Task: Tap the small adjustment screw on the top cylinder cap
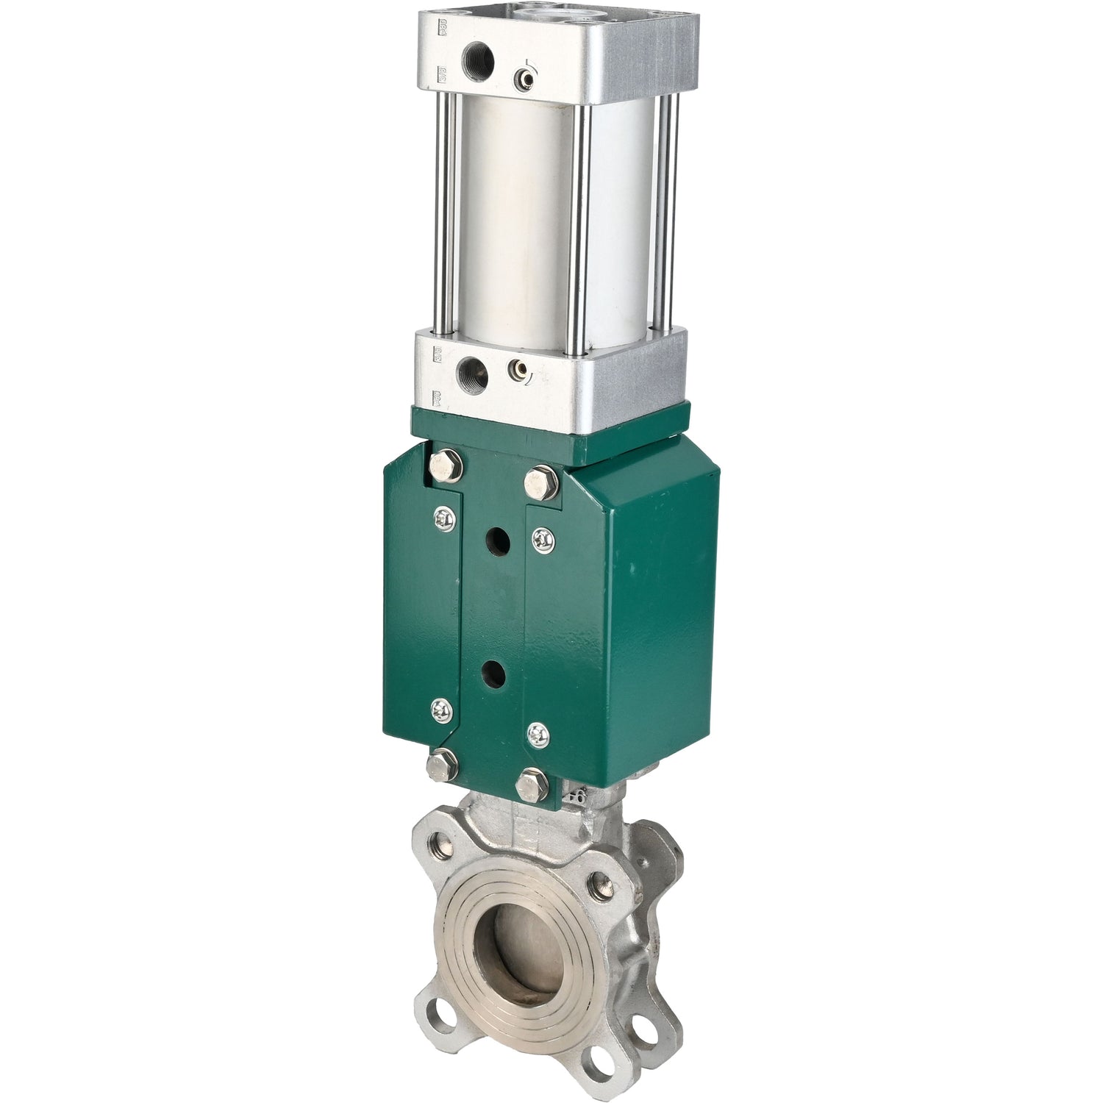[x=524, y=76]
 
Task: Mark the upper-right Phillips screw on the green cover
[x=543, y=539]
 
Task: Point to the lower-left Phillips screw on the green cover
[x=440, y=709]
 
